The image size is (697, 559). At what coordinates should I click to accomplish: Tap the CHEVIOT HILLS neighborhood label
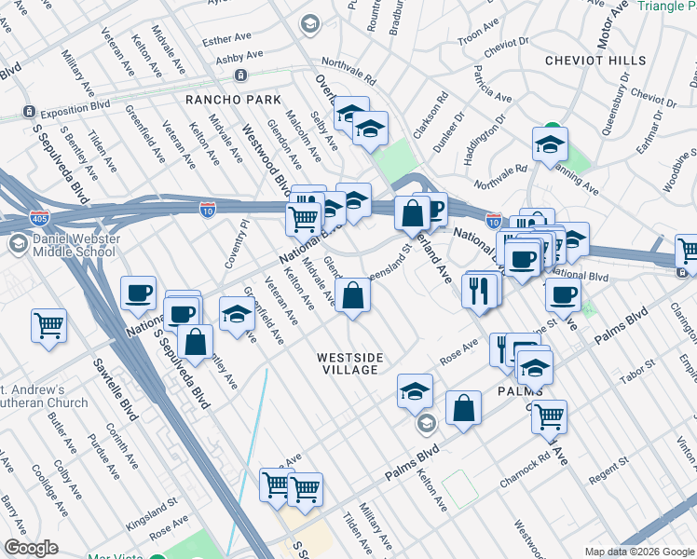(595, 61)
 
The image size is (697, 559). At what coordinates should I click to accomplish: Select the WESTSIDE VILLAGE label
(348, 363)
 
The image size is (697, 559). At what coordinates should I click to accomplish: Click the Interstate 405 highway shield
(40, 218)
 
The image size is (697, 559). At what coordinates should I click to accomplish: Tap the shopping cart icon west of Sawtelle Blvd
(48, 325)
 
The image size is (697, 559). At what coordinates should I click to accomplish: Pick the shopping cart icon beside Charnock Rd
(549, 416)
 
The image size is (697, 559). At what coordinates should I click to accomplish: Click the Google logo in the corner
(32, 548)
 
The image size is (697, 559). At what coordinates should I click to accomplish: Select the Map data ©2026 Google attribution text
(639, 552)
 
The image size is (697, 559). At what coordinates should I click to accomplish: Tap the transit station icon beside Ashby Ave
(240, 75)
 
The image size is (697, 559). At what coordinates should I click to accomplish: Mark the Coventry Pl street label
(234, 245)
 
